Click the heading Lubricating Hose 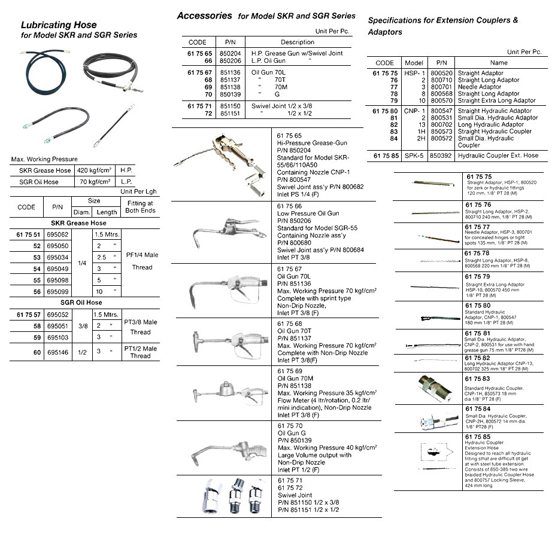59,25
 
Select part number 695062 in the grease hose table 57,234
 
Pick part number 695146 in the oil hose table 57,352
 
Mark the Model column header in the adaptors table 414,62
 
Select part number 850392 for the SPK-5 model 441,155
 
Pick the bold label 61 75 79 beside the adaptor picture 478,277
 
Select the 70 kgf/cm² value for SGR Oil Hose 95,182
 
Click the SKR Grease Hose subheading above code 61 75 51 83,223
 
